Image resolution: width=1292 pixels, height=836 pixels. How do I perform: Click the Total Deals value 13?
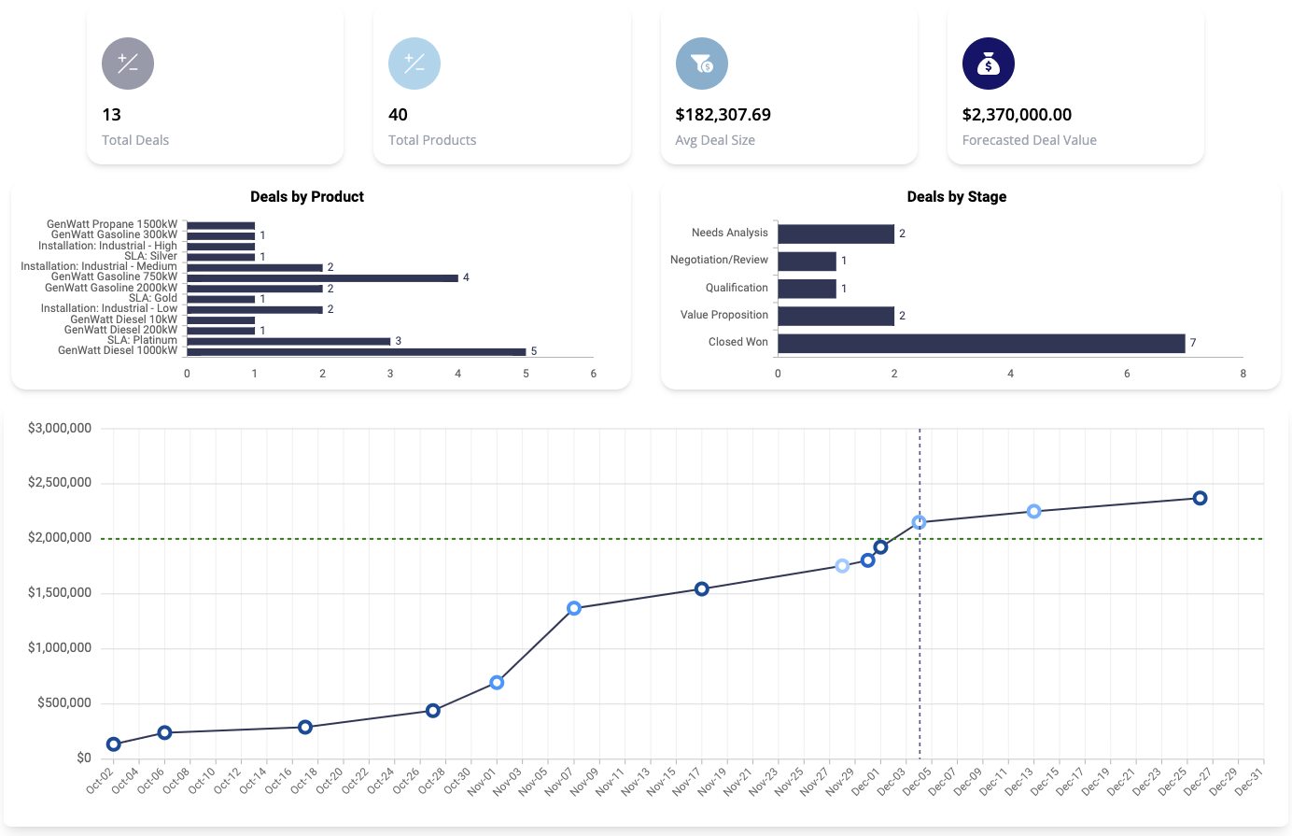pyautogui.click(x=112, y=115)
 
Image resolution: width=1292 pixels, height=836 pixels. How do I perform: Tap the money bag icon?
pyautogui.click(x=988, y=64)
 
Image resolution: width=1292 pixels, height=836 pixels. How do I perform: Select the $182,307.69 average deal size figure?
pyautogui.click(x=723, y=115)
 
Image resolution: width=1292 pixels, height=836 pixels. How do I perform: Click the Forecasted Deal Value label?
pyautogui.click(x=1029, y=140)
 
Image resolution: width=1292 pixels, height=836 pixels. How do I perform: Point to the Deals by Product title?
pyautogui.click(x=307, y=197)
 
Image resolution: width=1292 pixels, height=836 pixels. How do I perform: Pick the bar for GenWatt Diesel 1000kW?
pyautogui.click(x=356, y=352)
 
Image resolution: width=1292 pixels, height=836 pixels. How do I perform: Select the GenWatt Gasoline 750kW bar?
pyautogui.click(x=322, y=277)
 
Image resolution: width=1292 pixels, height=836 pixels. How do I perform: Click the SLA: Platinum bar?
pyautogui.click(x=288, y=341)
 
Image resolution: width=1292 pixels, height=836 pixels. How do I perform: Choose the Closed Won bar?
pyautogui.click(x=981, y=343)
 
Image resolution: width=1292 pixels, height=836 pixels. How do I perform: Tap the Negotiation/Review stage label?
pyautogui.click(x=719, y=260)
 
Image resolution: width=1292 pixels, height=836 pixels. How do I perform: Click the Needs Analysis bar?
pyautogui.click(x=836, y=234)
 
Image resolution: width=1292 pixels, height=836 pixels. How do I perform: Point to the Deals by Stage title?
pyautogui.click(x=956, y=197)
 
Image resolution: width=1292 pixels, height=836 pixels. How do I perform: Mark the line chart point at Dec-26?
pyautogui.click(x=1200, y=499)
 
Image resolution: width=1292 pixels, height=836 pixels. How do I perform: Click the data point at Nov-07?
pyautogui.click(x=574, y=608)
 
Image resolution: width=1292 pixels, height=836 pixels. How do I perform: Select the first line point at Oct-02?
pyautogui.click(x=114, y=744)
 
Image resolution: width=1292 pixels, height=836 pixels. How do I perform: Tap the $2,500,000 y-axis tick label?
pyautogui.click(x=60, y=483)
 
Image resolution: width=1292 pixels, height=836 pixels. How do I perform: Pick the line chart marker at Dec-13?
pyautogui.click(x=1033, y=512)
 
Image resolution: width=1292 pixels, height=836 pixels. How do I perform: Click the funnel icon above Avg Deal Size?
pyautogui.click(x=701, y=64)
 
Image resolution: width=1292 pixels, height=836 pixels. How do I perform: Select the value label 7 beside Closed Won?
pyautogui.click(x=1193, y=343)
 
